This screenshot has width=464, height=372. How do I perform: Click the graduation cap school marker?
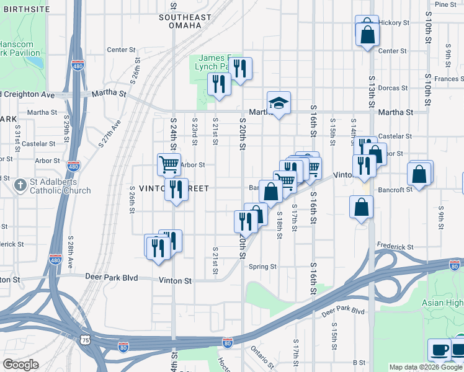coord(279,104)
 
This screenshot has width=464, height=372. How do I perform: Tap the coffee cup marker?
coord(440,350)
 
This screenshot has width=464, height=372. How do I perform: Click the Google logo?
coord(20,365)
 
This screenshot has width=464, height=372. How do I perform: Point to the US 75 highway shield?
coord(85,340)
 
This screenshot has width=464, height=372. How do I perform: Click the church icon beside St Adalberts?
coord(20,184)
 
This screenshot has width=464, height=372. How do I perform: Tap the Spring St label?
coord(262,267)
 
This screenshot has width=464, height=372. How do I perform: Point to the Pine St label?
coord(445,4)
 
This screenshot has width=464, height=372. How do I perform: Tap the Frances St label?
coord(446,79)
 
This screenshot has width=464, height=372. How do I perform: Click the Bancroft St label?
coord(397,189)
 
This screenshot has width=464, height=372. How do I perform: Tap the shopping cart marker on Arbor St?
coord(169,164)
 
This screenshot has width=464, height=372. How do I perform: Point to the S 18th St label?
coord(280,227)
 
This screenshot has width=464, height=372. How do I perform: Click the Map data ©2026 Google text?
coord(426,367)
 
